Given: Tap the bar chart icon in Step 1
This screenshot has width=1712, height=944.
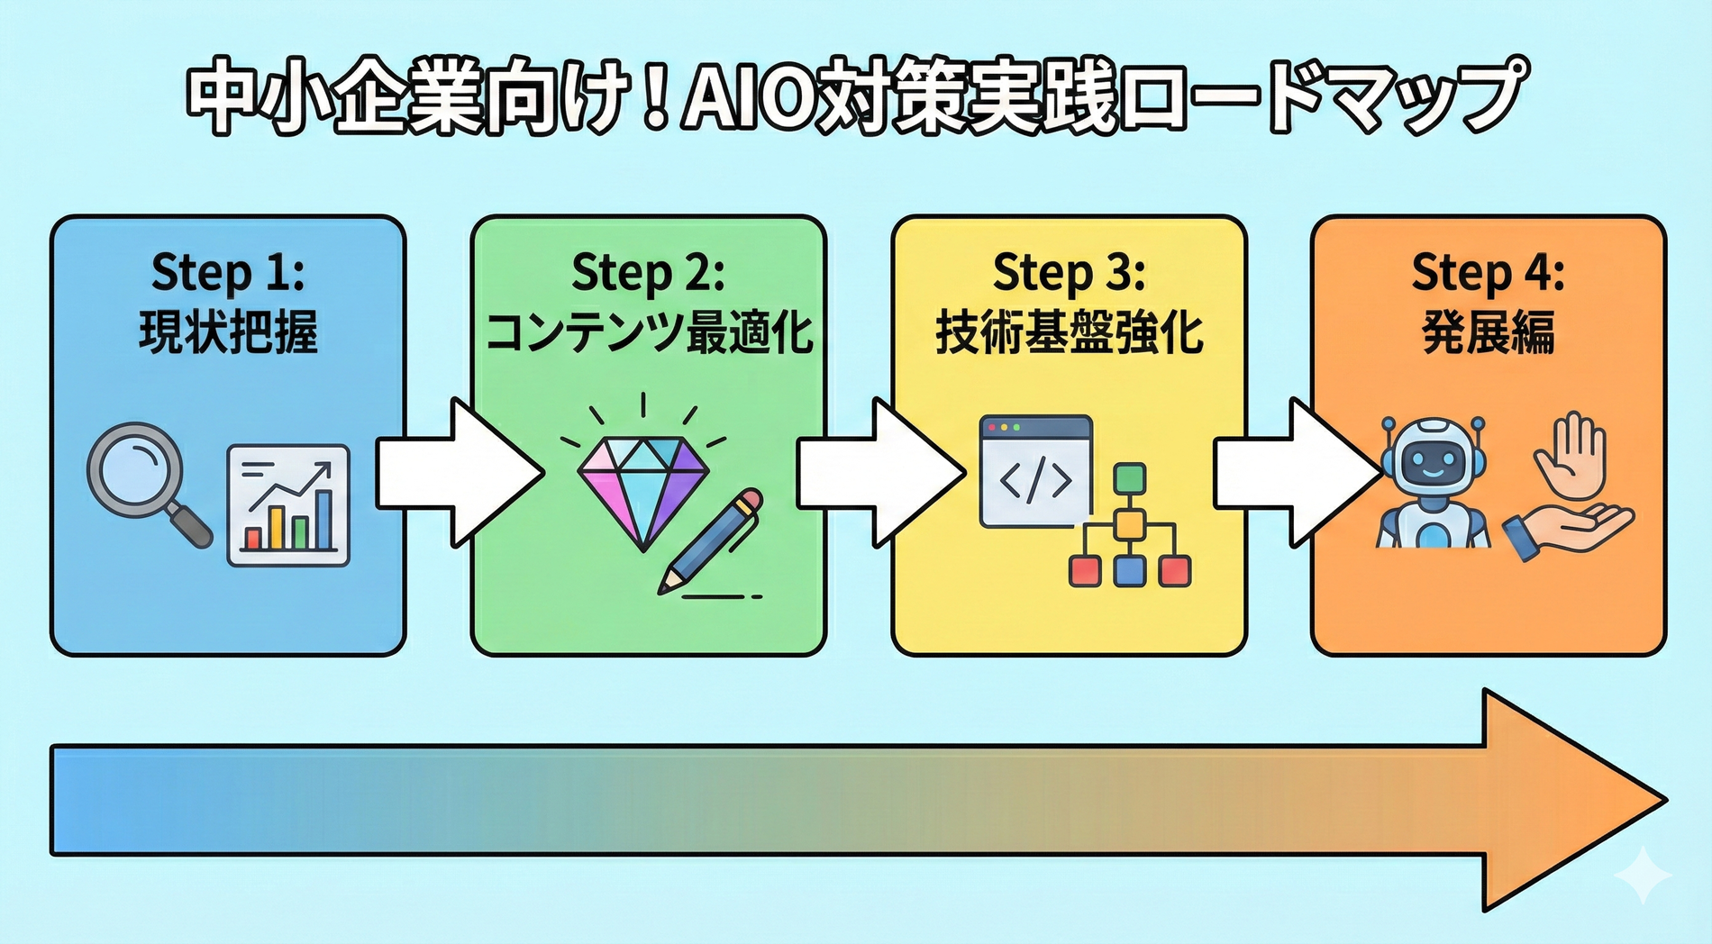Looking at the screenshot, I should tap(288, 505).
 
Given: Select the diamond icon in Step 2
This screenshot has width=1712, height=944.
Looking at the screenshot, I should tap(643, 491).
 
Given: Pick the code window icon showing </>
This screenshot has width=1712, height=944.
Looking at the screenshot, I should tap(1036, 471).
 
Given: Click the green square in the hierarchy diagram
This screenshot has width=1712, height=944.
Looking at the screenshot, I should tap(1130, 478).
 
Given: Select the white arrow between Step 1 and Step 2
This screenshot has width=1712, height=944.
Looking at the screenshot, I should tap(455, 473).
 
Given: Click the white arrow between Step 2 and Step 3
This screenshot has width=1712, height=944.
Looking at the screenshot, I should tap(876, 473).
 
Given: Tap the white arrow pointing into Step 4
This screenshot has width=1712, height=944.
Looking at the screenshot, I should tap(1294, 473).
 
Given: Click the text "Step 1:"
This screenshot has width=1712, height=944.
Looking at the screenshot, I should tap(228, 272).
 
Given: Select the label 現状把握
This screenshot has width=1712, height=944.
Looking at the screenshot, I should tap(228, 332).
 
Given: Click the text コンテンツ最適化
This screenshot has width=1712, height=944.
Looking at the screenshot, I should tap(649, 332).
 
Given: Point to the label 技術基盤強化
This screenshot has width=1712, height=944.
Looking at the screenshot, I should tap(1069, 332).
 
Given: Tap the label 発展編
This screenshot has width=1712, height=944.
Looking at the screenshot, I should tap(1489, 332).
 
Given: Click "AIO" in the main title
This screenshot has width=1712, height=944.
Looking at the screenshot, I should tap(744, 97).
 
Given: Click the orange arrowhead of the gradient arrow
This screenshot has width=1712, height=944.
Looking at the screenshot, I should tap(1568, 800).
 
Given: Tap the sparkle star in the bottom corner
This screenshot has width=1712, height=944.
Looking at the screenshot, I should tap(1643, 874).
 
